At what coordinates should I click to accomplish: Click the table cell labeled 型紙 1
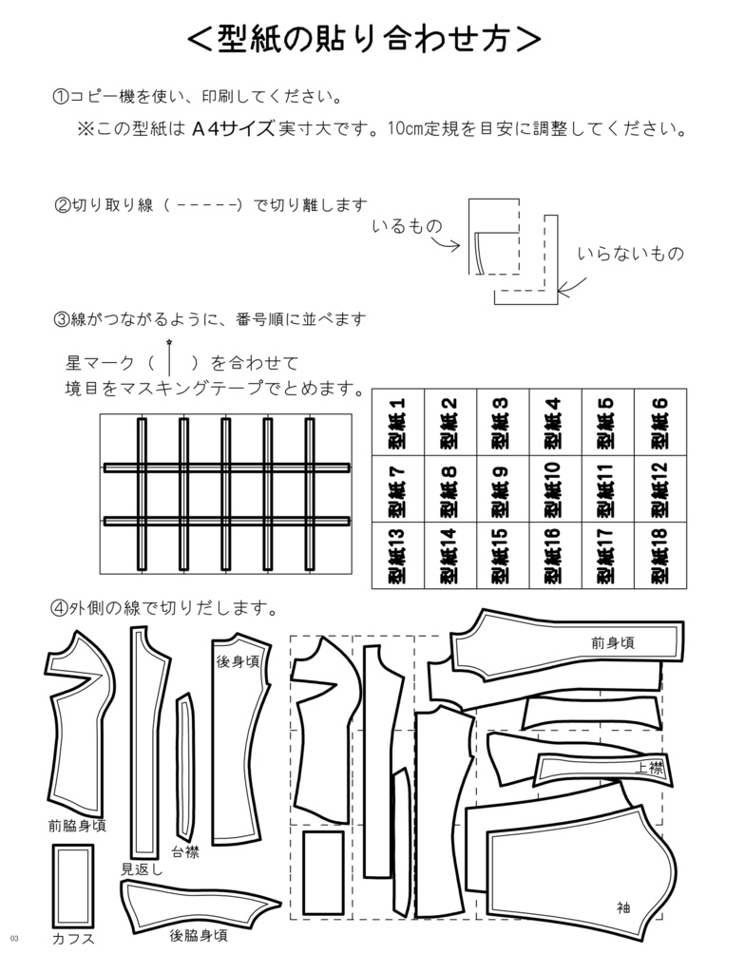click(x=396, y=424)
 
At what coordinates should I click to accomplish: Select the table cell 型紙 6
click(x=659, y=424)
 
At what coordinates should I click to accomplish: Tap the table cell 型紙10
click(x=554, y=490)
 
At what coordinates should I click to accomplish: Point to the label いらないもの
click(x=630, y=255)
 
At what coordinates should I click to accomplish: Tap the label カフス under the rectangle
click(x=72, y=939)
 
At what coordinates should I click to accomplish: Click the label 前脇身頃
click(x=76, y=825)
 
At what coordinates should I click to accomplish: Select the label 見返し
click(x=143, y=868)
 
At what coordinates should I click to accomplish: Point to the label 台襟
click(x=185, y=851)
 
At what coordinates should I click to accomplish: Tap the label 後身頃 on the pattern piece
click(x=238, y=661)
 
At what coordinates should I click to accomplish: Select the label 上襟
click(x=649, y=768)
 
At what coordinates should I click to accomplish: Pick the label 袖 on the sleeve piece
click(x=623, y=906)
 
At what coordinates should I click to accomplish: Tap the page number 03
click(x=15, y=939)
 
